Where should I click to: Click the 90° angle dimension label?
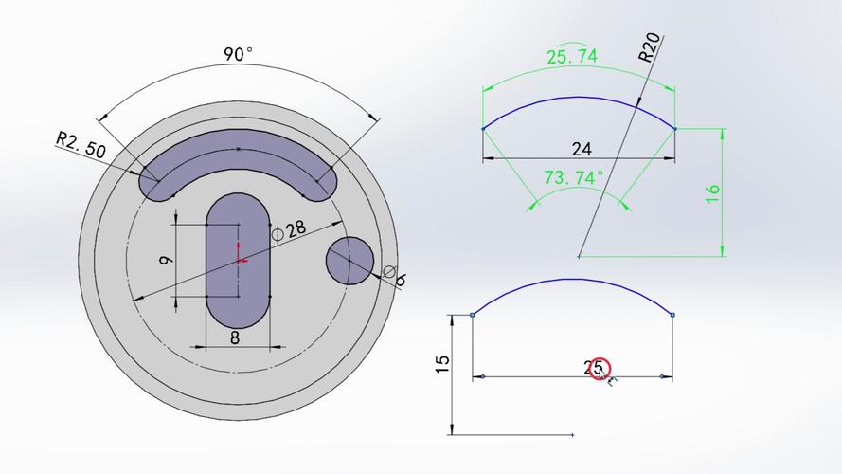pyautogui.click(x=239, y=54)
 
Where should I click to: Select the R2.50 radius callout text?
pyautogui.click(x=80, y=145)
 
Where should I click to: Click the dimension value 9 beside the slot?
pyautogui.click(x=166, y=259)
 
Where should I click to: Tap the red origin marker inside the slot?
pyautogui.click(x=240, y=259)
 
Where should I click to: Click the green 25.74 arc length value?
pyautogui.click(x=572, y=57)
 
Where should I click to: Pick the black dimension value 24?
pyautogui.click(x=582, y=149)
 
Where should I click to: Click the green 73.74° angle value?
pyautogui.click(x=573, y=177)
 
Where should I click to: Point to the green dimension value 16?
pyautogui.click(x=713, y=191)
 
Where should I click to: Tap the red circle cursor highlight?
pyautogui.click(x=600, y=370)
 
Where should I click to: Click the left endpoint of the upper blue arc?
pyautogui.click(x=483, y=128)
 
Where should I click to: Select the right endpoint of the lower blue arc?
pyautogui.click(x=672, y=315)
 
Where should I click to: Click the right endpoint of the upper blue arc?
pyautogui.click(x=675, y=128)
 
